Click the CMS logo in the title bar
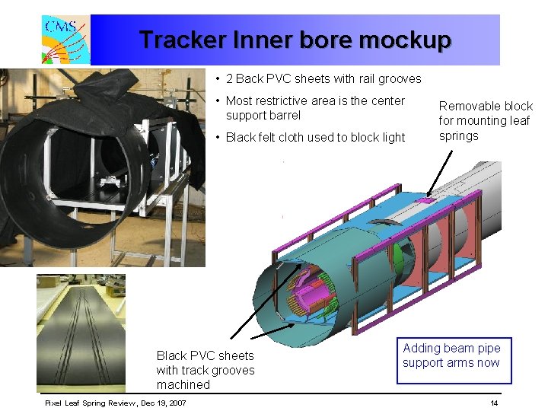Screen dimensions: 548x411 66,40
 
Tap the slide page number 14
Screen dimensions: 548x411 494,403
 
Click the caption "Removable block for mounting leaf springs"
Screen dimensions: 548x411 485,121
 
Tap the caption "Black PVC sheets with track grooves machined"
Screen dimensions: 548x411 205,370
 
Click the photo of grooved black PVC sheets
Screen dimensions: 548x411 81,333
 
